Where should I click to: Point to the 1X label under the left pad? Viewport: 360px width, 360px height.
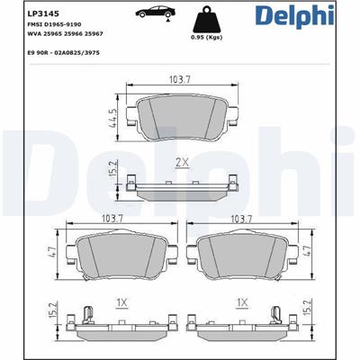[120, 301]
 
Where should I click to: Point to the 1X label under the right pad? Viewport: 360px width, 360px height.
[241, 301]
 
